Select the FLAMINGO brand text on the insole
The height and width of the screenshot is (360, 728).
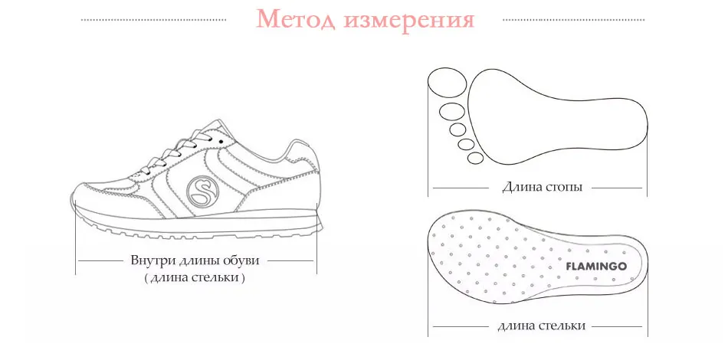596,267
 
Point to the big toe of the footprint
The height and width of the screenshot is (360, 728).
447,83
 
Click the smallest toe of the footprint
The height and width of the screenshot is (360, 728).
475,158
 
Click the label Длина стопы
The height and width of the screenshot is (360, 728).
542,188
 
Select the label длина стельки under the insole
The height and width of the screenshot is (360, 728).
541,326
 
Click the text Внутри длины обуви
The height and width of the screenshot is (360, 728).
195,260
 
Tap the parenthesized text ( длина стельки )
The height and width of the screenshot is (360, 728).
194,278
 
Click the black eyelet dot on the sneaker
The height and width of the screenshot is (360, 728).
221,141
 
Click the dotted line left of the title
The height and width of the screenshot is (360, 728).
154,20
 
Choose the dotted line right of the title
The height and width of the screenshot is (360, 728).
574,20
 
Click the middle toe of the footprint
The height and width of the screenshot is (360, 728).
457,129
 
